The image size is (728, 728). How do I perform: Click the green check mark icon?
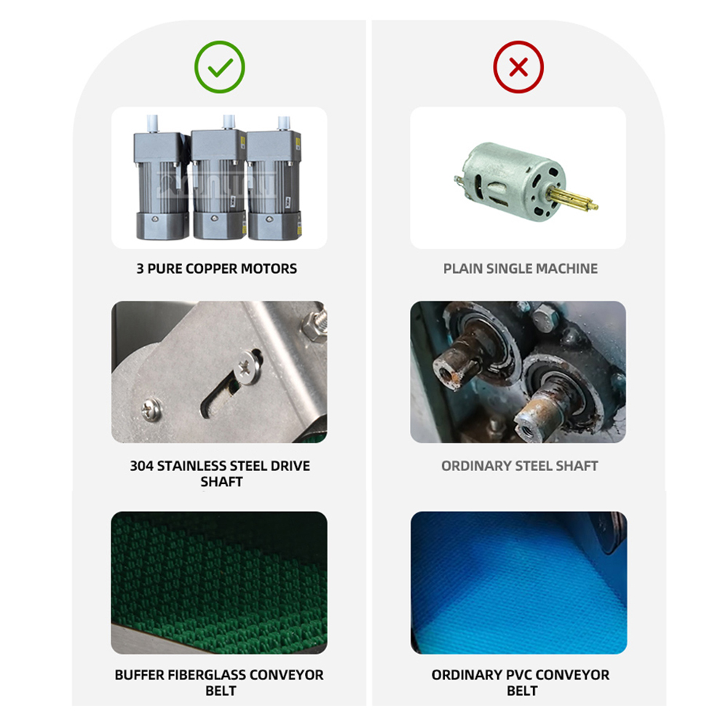click(220, 67)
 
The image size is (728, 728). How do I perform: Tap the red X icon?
click(518, 67)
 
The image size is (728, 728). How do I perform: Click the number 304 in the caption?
click(141, 466)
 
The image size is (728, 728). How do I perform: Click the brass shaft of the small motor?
click(572, 199)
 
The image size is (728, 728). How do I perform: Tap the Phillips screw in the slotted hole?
click(248, 367)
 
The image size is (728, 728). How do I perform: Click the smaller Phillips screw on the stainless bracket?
click(151, 410)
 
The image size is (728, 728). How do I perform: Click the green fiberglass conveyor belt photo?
click(219, 582)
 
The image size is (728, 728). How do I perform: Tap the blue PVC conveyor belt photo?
click(518, 582)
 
